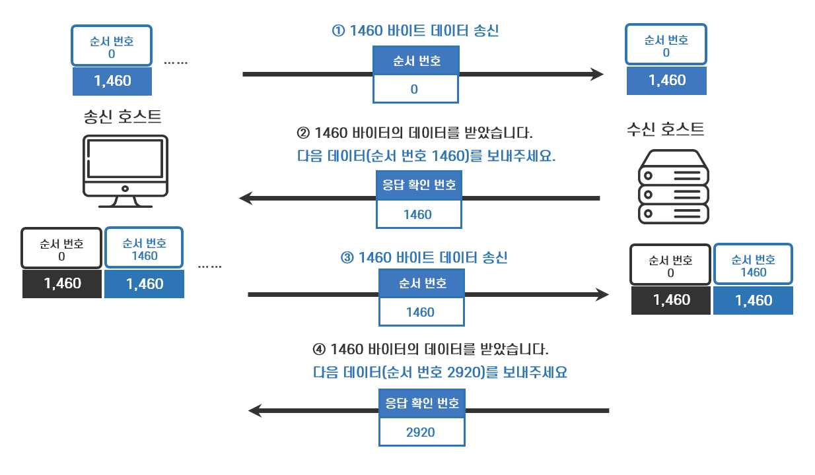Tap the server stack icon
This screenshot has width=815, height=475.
pos(673,186)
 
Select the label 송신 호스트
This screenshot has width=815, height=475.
pos(123,117)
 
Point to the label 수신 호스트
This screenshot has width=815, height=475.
pos(665,129)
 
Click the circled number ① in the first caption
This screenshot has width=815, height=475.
pos(338,31)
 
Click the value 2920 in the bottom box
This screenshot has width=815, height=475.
pos(421,432)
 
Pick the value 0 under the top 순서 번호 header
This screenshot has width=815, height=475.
pos(415,89)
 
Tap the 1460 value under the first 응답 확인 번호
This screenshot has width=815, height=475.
pos(418,214)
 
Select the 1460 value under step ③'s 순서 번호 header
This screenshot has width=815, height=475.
pos(421,312)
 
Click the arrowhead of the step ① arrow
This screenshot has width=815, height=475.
pos(597,75)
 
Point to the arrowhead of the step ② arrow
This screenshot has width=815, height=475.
pos(246,198)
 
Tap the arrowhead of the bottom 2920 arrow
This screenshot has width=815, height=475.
pos(256,411)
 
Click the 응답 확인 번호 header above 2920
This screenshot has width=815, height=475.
pos(421,403)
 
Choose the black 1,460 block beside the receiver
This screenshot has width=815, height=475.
pos(671,300)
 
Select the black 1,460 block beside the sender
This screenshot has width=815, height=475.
pos(62,284)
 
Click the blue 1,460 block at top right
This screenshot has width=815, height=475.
pos(666,80)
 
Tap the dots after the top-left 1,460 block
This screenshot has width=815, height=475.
pos(176,63)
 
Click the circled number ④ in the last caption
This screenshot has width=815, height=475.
pos(318,349)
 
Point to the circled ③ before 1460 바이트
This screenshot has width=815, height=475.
pos(347,258)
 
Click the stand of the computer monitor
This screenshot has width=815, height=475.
pos(125,202)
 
